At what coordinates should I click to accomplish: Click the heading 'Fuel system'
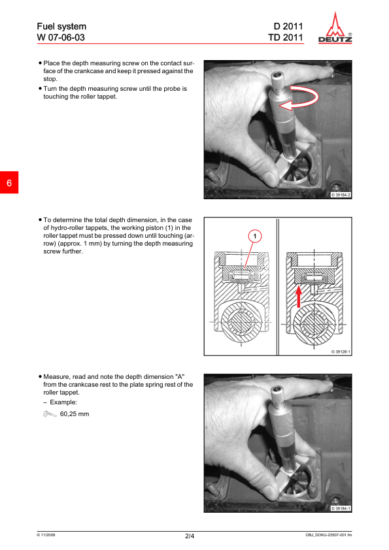tap(61, 26)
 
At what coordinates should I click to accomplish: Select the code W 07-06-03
tap(61, 37)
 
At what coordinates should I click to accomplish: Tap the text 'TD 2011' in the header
tap(286, 37)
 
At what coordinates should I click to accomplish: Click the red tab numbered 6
tap(9, 182)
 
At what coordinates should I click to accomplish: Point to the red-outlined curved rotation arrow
tap(305, 97)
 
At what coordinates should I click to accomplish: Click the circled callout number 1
tap(255, 236)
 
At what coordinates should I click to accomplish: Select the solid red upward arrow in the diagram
tap(298, 297)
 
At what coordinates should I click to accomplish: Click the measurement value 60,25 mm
tap(75, 414)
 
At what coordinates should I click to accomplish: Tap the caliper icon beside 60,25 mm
tap(50, 414)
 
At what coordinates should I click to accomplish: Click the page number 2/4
tap(190, 536)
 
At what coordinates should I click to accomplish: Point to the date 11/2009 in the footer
tap(46, 535)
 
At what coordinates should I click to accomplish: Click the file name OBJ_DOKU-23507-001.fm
tap(329, 535)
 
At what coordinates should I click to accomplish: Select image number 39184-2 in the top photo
tap(341, 195)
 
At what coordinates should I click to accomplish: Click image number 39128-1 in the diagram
tap(341, 351)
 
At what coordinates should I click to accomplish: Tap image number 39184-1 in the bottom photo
tap(341, 508)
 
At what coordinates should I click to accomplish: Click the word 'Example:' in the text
tap(63, 402)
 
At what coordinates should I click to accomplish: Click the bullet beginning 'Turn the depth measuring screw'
tap(115, 93)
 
